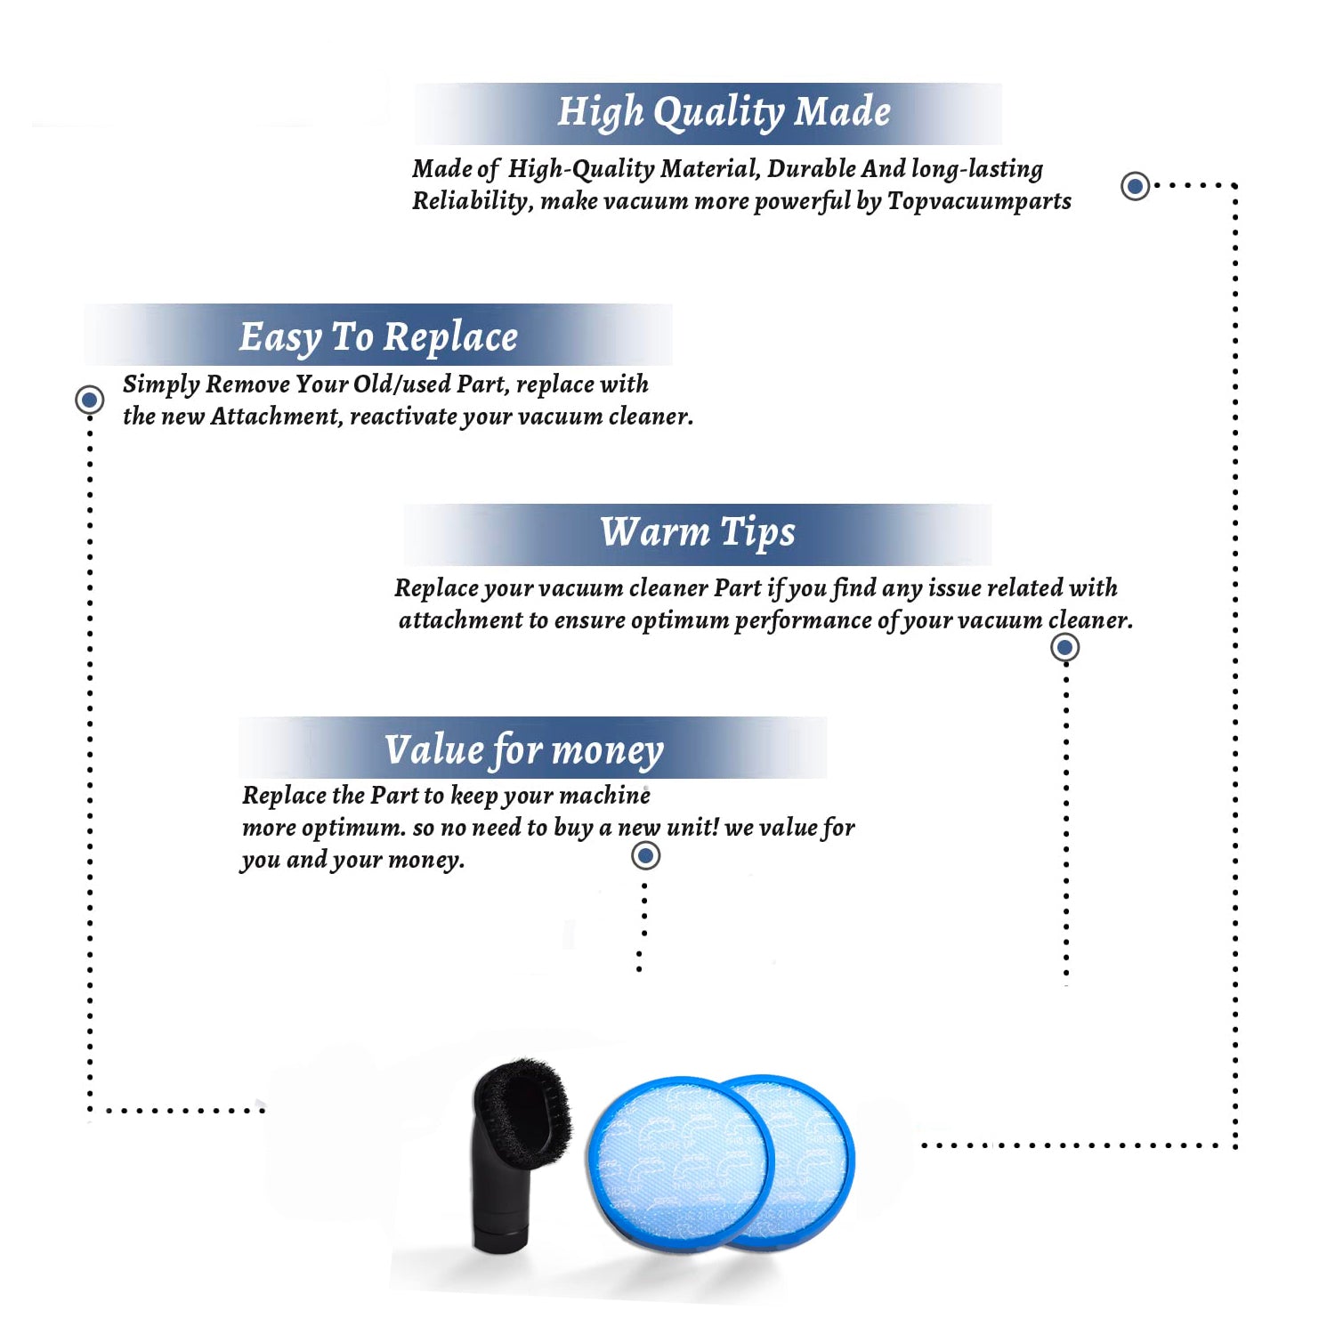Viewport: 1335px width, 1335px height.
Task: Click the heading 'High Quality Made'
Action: (x=724, y=113)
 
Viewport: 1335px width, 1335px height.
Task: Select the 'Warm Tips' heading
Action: (x=698, y=533)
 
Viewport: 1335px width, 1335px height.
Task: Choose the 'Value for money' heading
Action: (x=524, y=750)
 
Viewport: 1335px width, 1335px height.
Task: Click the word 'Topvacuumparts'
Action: (x=979, y=202)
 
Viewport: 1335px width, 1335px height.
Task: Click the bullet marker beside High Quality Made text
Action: (x=1135, y=186)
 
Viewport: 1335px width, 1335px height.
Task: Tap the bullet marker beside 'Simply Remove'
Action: (x=89, y=400)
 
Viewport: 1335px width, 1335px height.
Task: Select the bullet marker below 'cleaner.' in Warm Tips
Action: (x=1065, y=647)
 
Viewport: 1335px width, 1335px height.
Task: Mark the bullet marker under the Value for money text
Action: (x=645, y=856)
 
